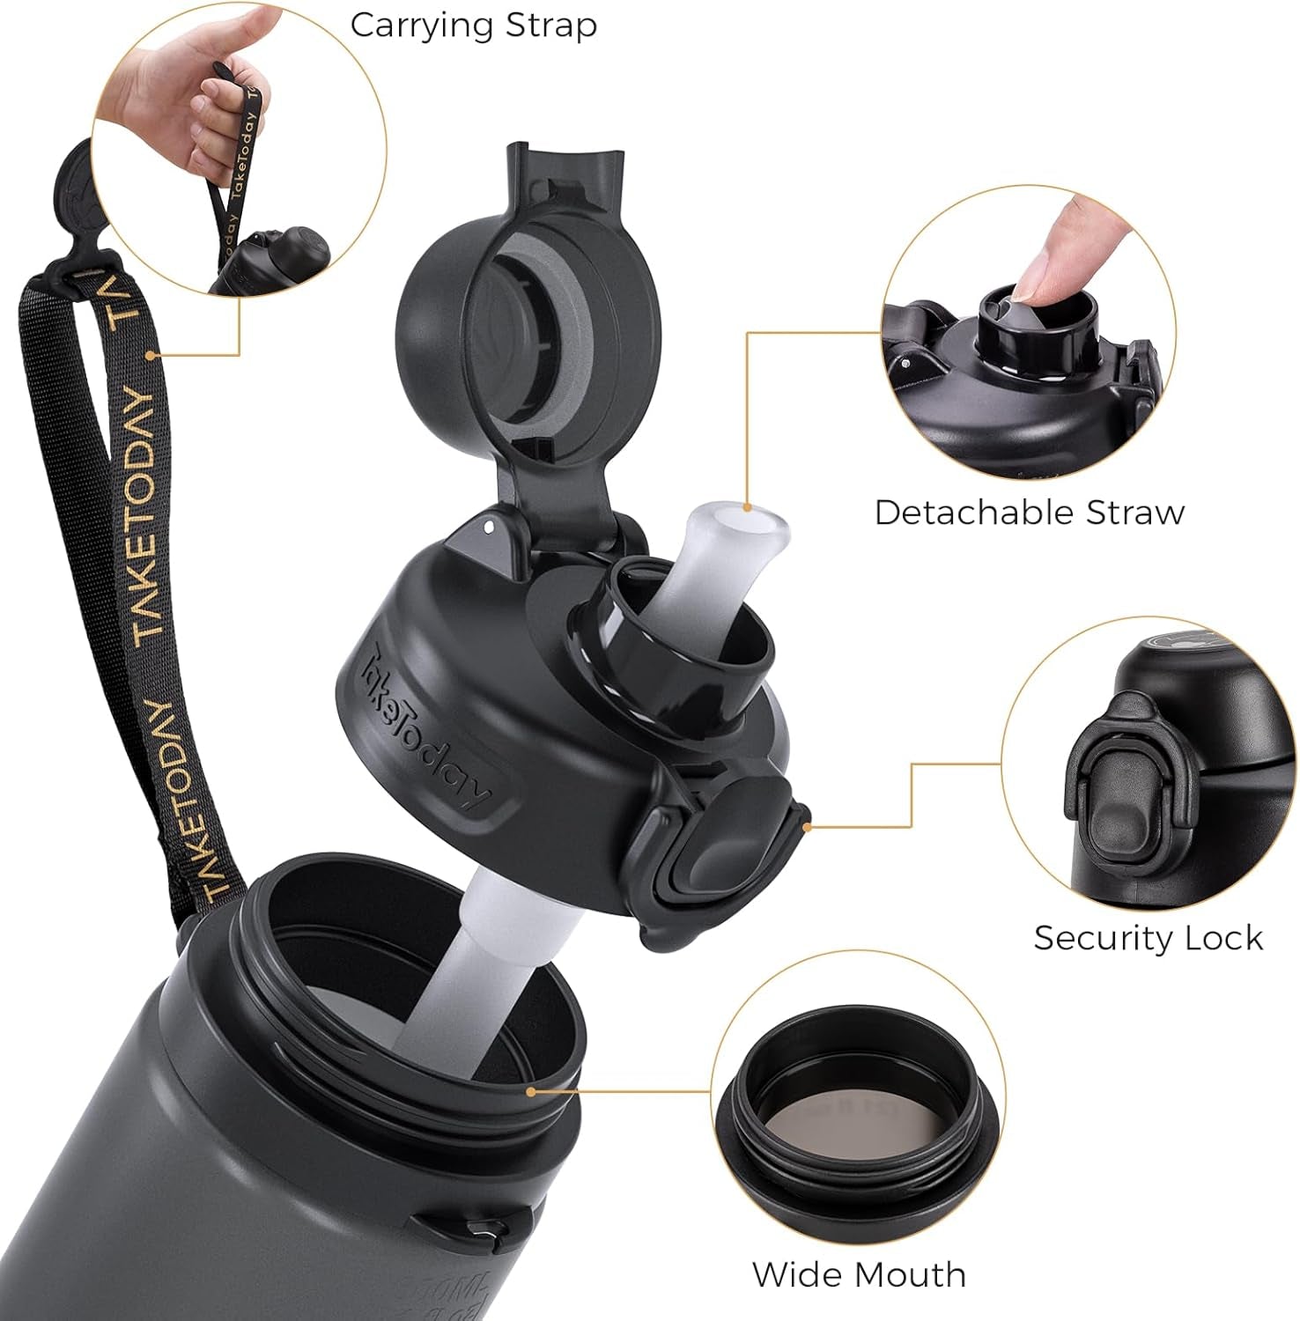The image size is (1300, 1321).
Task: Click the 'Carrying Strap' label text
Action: [473, 26]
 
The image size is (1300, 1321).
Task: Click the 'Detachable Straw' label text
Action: [1029, 513]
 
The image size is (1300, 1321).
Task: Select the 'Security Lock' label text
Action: [1148, 938]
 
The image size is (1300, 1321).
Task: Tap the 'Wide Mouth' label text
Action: [859, 1275]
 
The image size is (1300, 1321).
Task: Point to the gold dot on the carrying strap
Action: [151, 356]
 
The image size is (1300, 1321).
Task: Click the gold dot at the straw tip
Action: [748, 507]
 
